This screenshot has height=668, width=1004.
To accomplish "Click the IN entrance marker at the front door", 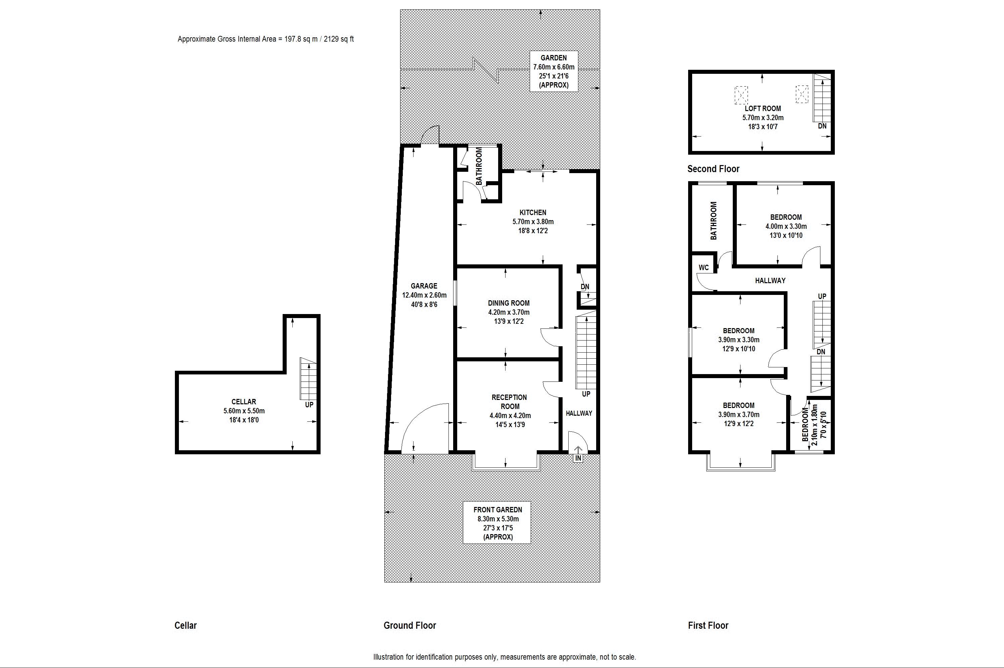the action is (578, 458).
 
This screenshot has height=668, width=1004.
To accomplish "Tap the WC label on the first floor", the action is (704, 267).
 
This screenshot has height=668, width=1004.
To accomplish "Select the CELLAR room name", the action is (244, 402).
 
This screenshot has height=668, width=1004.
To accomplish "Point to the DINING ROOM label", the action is (509, 303).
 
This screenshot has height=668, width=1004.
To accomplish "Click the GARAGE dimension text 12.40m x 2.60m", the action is (424, 295).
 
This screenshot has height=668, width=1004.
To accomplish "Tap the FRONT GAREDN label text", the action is (498, 510).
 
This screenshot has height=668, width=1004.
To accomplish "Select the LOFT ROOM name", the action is (763, 109).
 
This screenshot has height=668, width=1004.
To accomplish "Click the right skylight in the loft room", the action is (802, 94).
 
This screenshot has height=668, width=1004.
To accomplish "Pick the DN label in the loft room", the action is (822, 126).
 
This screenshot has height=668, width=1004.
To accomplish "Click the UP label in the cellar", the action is (309, 405).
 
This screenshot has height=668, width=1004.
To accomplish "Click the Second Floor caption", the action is (713, 169).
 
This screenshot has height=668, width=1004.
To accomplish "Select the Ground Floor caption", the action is (410, 625).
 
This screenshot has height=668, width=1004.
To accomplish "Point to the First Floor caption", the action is (708, 625).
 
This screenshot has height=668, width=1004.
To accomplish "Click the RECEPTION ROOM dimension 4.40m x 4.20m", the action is (510, 415).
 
